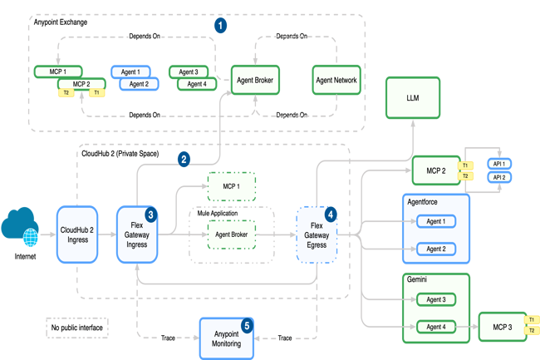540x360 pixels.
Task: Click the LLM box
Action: coord(412,99)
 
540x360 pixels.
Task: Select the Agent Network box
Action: coord(336,81)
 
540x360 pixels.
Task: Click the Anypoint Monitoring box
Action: coord(227,338)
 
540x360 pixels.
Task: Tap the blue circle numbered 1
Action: coord(220,26)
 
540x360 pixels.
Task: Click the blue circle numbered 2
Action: coord(184,158)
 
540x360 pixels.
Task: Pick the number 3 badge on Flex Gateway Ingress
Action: coord(150,215)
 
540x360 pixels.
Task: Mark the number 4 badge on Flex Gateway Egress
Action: coord(331,215)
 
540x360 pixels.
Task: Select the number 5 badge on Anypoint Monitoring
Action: coord(246,325)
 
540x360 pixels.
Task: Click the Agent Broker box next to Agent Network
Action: coord(254,81)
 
